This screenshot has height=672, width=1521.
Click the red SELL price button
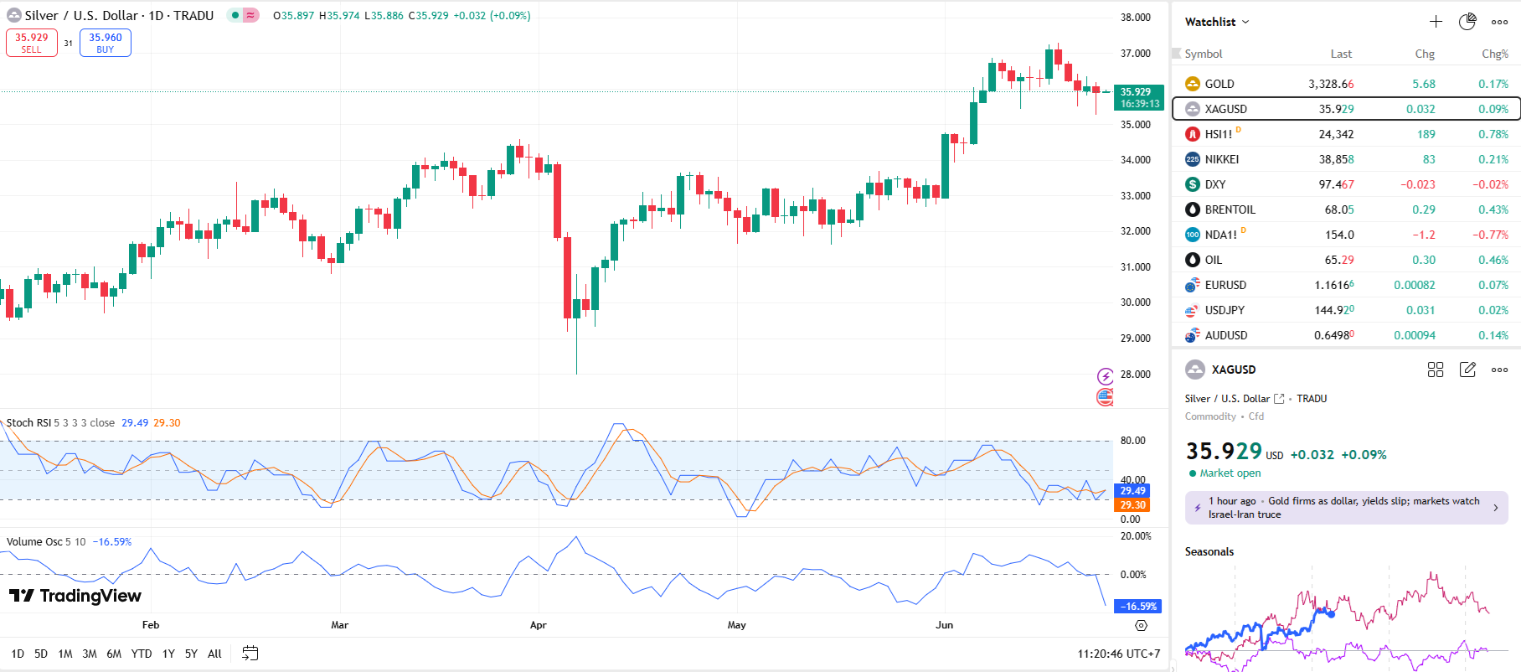point(32,43)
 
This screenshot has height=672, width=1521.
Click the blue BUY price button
point(106,43)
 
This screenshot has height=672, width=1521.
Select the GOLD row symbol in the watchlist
point(1219,84)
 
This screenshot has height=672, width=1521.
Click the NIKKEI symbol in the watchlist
point(1221,159)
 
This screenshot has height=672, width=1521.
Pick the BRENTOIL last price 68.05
point(1338,209)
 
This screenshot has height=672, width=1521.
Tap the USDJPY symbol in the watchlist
point(1224,310)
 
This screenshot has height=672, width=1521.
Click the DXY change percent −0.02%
point(1490,184)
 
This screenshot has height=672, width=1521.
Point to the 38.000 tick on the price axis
point(1135,18)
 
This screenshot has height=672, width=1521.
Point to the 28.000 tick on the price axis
point(1135,375)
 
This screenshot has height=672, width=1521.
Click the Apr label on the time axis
point(538,625)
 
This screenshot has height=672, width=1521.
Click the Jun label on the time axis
point(944,625)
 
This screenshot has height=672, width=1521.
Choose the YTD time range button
point(142,654)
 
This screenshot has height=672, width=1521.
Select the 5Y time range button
point(191,654)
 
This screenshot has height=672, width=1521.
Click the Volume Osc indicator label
point(34,542)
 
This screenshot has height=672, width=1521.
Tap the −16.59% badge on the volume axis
point(1138,606)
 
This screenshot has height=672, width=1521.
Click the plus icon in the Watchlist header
point(1436,22)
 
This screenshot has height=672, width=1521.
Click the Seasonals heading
point(1209,551)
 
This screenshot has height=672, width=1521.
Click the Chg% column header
point(1494,54)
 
